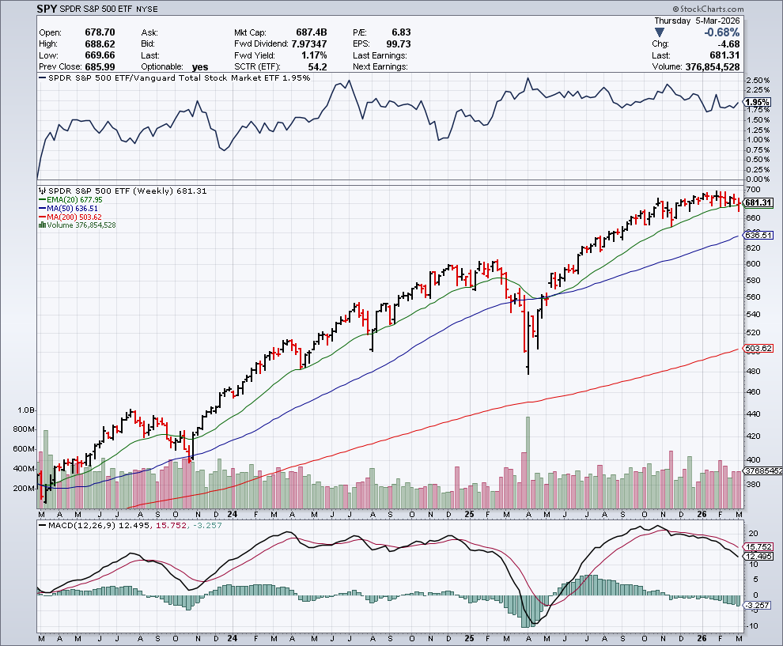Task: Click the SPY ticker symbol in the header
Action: click(x=47, y=11)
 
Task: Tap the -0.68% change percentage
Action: click(x=722, y=32)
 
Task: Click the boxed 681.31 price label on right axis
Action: click(x=758, y=202)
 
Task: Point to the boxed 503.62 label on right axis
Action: click(x=758, y=349)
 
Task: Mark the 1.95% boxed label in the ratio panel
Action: click(x=758, y=103)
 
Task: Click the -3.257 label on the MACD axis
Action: click(x=758, y=604)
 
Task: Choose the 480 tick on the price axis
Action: click(x=752, y=371)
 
